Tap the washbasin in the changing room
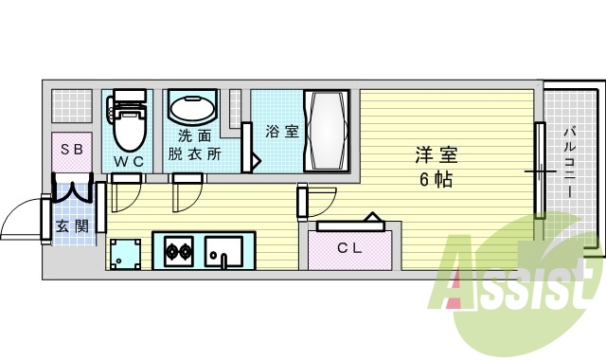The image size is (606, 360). (x=193, y=107)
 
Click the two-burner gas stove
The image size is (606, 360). (x=179, y=252)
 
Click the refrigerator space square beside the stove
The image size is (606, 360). (x=126, y=253)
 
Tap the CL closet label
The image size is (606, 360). (x=350, y=248)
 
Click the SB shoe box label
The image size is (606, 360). (x=72, y=150)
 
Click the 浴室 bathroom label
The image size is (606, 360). (x=281, y=132)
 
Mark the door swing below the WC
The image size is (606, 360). (x=123, y=195)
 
